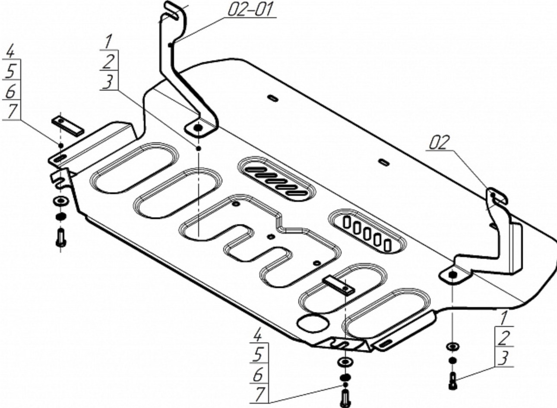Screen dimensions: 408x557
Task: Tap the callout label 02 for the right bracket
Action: pyautogui.click(x=440, y=142)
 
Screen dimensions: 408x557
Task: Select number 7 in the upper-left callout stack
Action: pyautogui.click(x=12, y=111)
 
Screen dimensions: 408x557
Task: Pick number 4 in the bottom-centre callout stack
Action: pyautogui.click(x=258, y=334)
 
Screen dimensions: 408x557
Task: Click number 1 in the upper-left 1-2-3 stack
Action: pyautogui.click(x=108, y=42)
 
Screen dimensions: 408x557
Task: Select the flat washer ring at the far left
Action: pyautogui.click(x=61, y=201)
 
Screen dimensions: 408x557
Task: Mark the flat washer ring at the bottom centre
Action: pyautogui.click(x=345, y=361)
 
